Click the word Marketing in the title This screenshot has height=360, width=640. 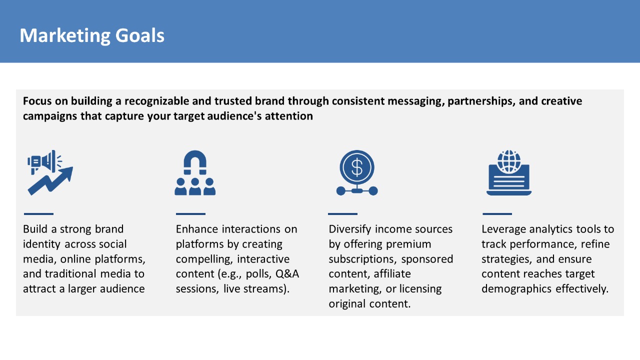point(65,35)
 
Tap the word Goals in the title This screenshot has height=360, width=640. point(139,35)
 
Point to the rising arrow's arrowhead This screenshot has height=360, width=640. point(66,173)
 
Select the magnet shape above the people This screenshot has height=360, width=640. point(195,162)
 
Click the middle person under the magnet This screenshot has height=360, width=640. point(195,186)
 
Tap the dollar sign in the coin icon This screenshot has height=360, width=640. point(357,167)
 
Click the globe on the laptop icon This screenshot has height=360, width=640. point(509,161)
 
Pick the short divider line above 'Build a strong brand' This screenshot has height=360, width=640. point(38,213)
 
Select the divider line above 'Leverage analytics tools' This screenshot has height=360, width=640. point(497,213)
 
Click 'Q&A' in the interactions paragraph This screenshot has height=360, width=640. point(287,273)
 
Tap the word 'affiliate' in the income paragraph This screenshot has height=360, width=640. point(392,273)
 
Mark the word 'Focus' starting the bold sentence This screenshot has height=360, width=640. point(37,101)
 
